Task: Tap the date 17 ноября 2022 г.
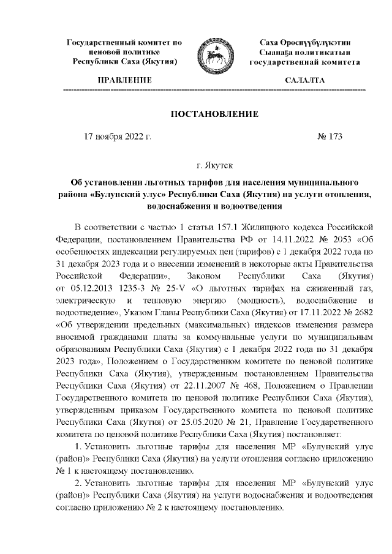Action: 117,137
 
